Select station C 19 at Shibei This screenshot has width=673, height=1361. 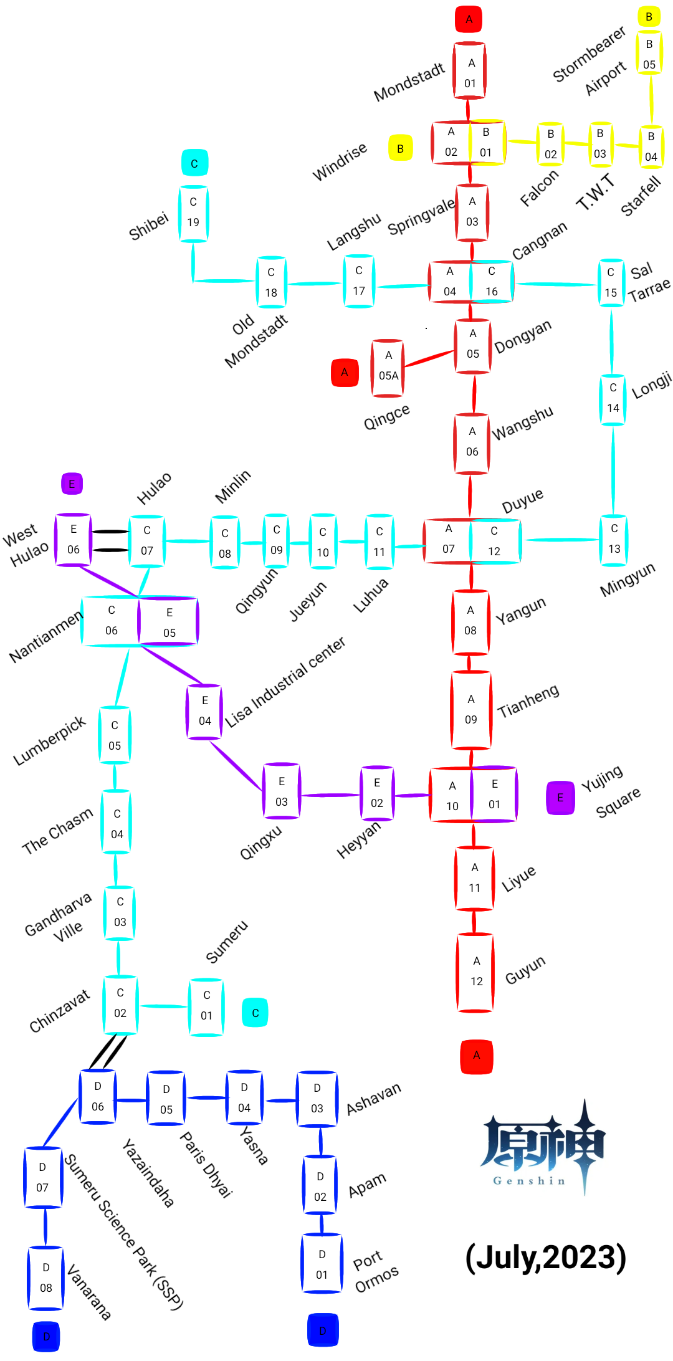(193, 213)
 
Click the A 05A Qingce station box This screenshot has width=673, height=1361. (388, 368)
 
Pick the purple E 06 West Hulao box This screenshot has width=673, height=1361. (73, 540)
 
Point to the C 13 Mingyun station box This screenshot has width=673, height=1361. (614, 539)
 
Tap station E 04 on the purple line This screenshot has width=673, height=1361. (204, 712)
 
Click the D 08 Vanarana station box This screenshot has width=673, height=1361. (45, 1277)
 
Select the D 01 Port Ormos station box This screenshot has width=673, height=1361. (322, 1264)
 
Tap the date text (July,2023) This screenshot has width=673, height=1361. (545, 1258)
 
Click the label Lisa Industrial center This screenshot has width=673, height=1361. (285, 682)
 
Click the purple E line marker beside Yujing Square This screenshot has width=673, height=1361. (560, 798)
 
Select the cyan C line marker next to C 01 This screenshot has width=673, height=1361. (255, 1013)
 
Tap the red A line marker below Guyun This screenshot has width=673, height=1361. (476, 1056)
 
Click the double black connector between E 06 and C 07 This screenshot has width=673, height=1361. (110, 540)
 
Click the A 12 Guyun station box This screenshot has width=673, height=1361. (476, 972)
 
